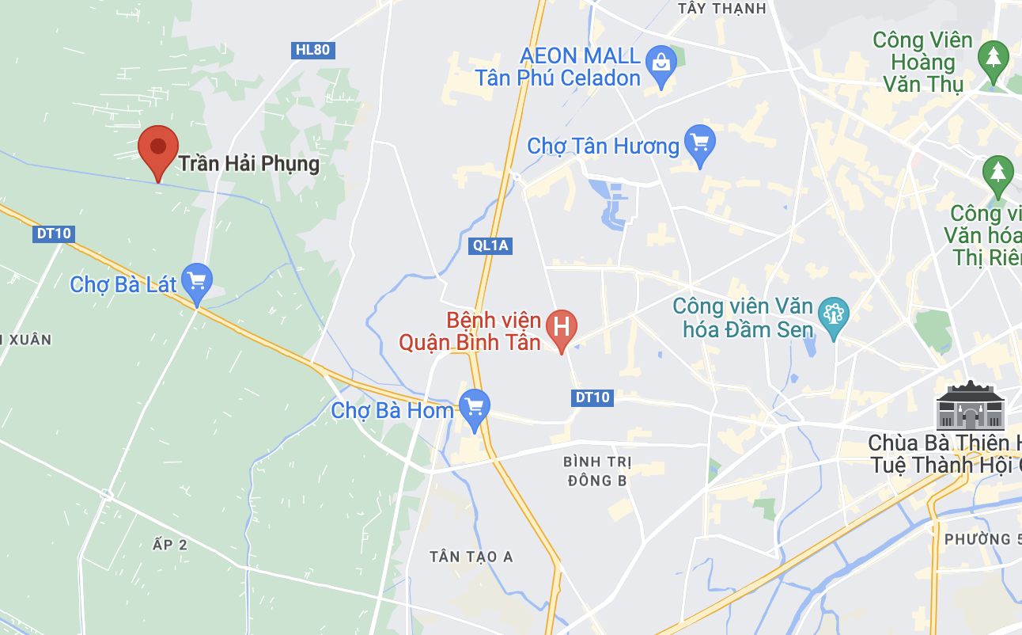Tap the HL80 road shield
312,51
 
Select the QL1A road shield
490,245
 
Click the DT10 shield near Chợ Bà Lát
55,234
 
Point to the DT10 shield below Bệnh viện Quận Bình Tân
592,397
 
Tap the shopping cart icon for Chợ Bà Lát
196,280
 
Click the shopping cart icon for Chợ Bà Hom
474,407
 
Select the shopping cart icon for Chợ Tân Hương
699,143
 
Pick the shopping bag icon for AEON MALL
661,61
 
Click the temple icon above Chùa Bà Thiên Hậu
969,405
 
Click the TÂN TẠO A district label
471,557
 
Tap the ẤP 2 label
169,544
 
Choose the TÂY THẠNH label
722,9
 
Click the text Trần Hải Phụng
248,164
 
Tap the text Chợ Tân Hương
603,146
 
